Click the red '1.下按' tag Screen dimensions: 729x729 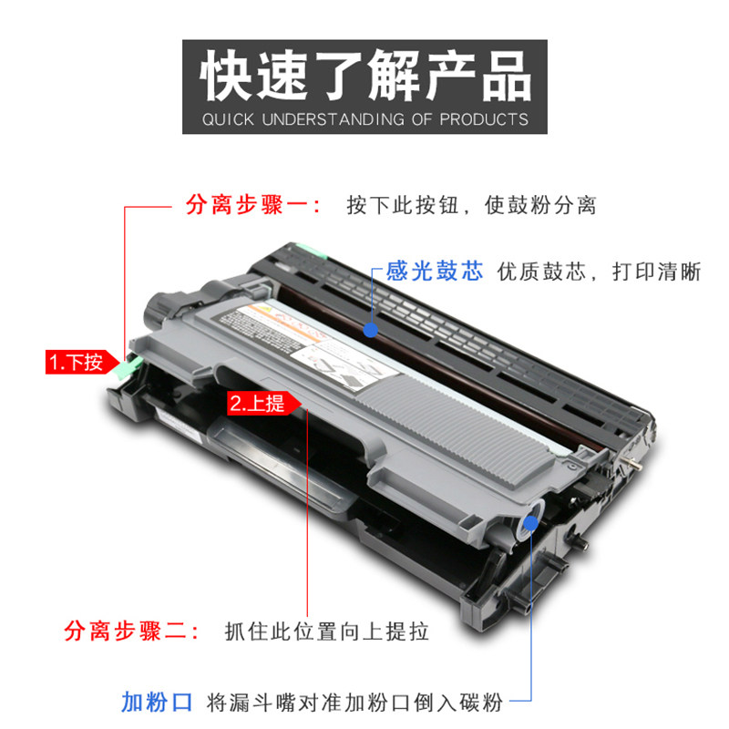point(76,362)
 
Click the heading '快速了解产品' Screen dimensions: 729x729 point(364,76)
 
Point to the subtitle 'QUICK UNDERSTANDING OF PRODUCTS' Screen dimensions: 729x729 point(364,119)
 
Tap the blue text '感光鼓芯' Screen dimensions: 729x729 point(435,271)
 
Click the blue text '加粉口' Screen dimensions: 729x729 point(157,702)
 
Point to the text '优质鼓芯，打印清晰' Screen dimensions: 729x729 point(599,272)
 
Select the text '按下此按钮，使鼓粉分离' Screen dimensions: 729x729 point(471,206)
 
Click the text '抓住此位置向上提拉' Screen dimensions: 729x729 point(325,631)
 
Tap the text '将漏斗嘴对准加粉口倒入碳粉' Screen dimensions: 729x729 point(354,702)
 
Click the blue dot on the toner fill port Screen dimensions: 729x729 point(529,524)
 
